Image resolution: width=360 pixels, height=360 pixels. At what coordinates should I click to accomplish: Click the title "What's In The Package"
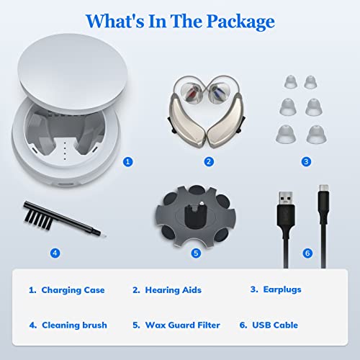[180, 21]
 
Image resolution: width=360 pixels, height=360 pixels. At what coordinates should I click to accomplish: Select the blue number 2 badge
[209, 162]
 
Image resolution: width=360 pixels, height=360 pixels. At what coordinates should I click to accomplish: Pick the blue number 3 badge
[307, 162]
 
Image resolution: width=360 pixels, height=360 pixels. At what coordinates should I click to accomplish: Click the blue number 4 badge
[55, 253]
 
